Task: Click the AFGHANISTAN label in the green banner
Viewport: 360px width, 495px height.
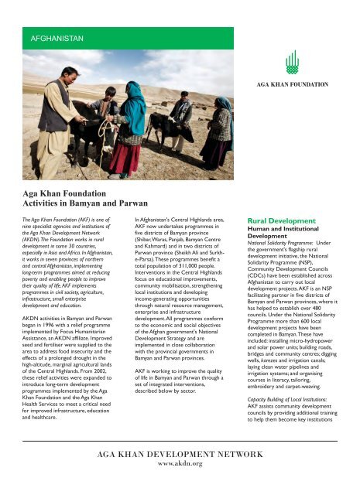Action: pyautogui.click(x=57, y=37)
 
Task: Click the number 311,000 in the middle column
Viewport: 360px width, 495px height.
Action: pyautogui.click(x=179, y=274)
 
